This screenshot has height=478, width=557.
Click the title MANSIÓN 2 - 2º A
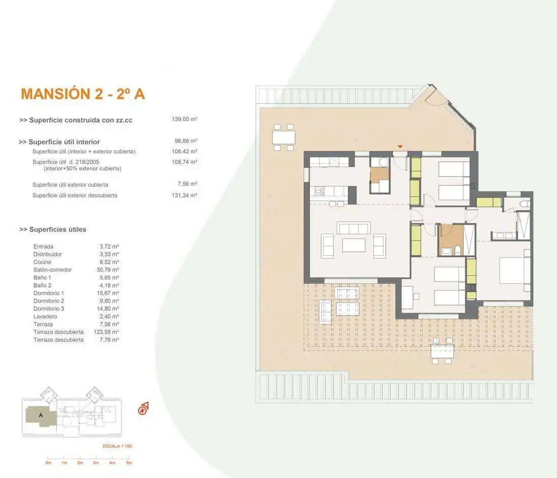(83, 94)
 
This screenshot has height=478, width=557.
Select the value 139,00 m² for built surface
(184, 119)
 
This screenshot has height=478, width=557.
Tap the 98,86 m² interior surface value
(186, 141)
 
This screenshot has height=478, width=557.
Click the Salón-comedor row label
(53, 270)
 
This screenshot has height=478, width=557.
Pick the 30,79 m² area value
(108, 270)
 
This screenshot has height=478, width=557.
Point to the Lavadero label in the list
(45, 316)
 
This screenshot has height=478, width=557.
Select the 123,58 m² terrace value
(106, 332)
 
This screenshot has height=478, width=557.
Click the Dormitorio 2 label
(49, 301)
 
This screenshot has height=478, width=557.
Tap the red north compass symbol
(143, 409)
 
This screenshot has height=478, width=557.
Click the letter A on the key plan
(41, 415)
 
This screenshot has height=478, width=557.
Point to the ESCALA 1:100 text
(117, 446)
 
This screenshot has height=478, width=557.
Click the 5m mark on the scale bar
(129, 463)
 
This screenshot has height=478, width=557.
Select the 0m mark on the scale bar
(48, 463)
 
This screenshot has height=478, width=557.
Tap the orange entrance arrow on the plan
(400, 147)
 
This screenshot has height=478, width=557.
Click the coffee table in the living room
(354, 245)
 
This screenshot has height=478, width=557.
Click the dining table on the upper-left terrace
(284, 137)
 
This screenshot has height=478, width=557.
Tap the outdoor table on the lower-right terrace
(442, 351)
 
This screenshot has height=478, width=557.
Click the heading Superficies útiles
(53, 229)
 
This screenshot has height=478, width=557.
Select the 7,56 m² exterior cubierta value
(187, 184)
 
